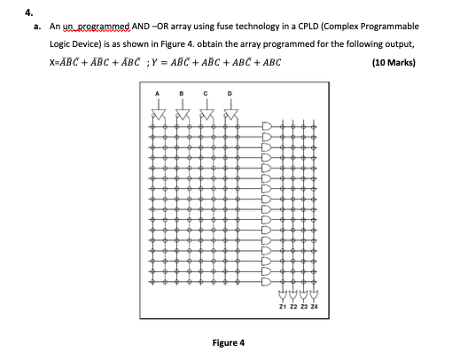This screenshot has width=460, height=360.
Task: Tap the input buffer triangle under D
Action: [x=232, y=113]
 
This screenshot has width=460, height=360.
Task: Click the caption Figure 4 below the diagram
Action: [x=230, y=342]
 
